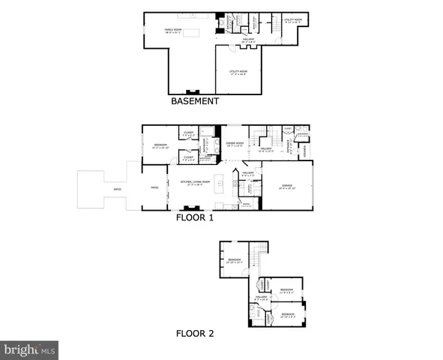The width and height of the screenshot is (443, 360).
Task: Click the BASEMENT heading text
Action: click(x=195, y=101)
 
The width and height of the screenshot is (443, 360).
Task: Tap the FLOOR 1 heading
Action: click(x=195, y=219)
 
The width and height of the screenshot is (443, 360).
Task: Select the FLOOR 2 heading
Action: click(x=195, y=334)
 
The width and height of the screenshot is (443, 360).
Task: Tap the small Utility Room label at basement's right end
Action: click(x=293, y=20)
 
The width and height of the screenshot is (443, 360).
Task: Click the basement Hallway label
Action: click(x=248, y=40)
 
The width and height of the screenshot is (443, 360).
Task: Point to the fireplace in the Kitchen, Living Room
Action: click(x=190, y=208)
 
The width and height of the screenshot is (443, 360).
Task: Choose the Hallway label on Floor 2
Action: click(x=260, y=298)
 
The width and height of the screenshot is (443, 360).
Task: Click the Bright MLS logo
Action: click(x=29, y=349)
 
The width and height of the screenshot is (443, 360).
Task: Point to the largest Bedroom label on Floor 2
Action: click(x=234, y=260)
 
